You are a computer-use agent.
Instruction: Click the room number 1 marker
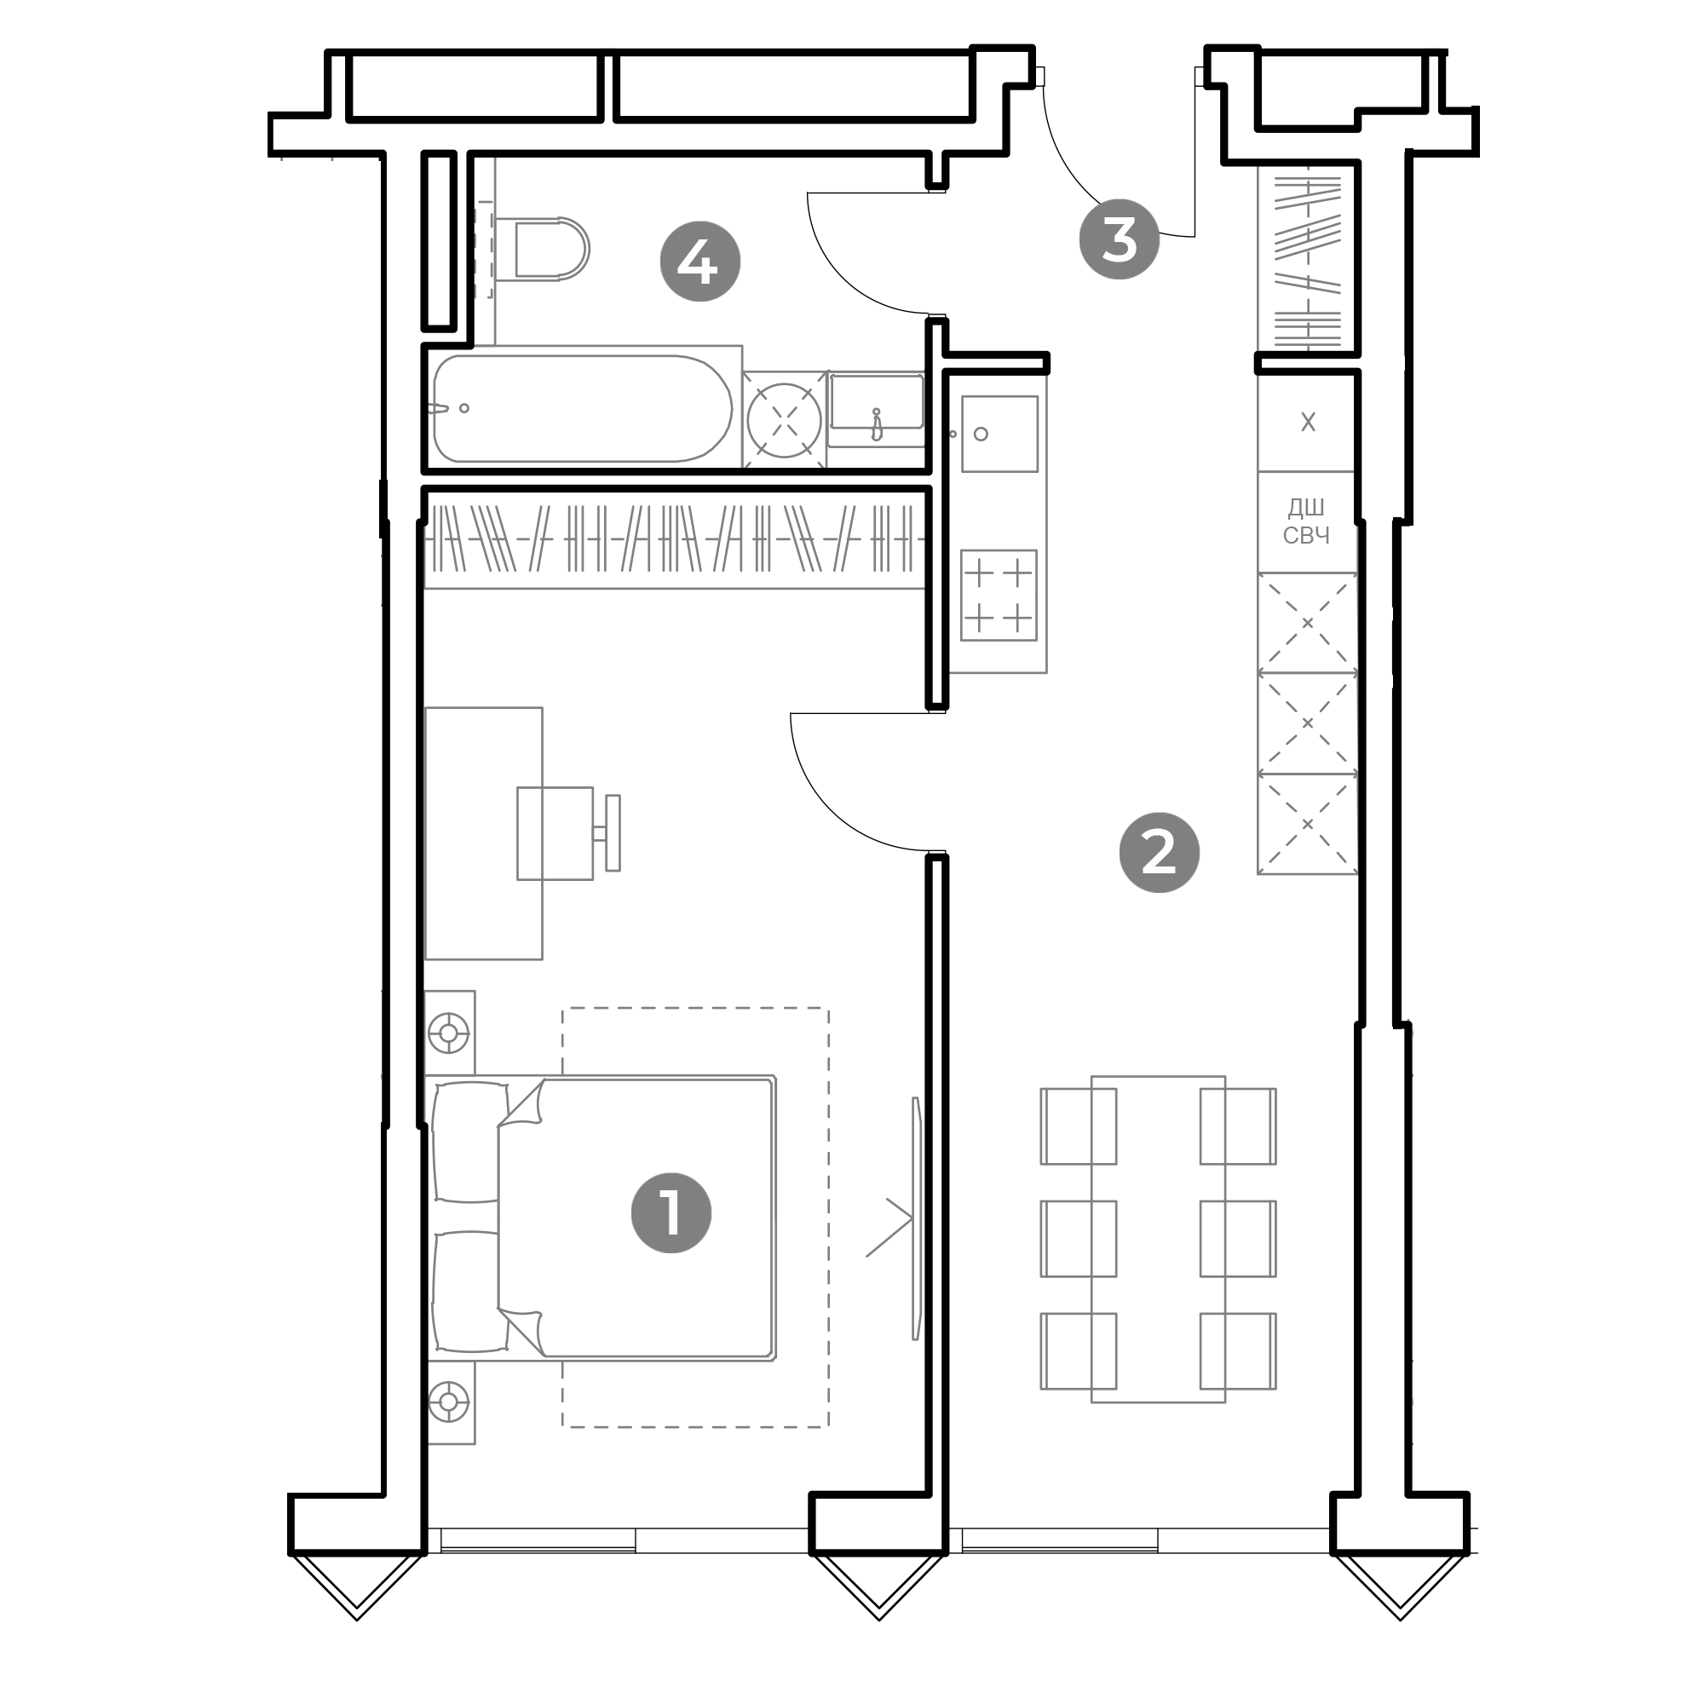671,1212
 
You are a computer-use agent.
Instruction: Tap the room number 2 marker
1159,852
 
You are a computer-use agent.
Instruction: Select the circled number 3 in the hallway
1120,239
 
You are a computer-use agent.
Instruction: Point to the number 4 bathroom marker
700,261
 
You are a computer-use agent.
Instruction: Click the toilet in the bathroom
542,249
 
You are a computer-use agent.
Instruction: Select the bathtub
582,408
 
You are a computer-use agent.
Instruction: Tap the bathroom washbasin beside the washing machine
876,408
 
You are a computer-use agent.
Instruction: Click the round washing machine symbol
784,420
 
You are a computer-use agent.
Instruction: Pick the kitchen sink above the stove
999,434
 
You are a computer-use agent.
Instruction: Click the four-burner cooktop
999,596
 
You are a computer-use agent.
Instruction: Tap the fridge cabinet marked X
1307,423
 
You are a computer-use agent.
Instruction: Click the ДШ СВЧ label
1306,521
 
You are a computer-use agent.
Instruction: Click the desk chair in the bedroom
568,833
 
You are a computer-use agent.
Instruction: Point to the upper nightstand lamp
448,1032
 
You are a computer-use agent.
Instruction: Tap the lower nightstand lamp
448,1402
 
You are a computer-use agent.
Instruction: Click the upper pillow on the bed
470,1142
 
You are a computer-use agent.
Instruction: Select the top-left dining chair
1079,1126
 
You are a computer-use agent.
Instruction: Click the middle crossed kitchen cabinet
1307,723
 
